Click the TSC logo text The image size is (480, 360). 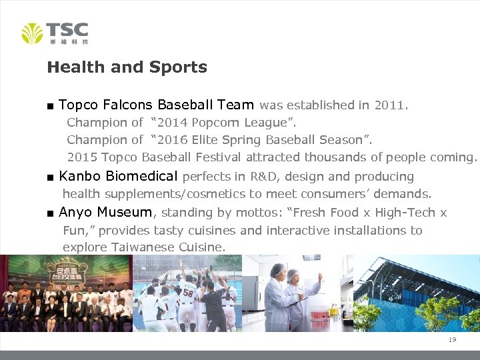[67, 29]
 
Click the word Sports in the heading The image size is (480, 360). [178, 67]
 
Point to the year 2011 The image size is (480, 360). [389, 105]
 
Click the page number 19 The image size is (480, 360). [452, 340]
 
